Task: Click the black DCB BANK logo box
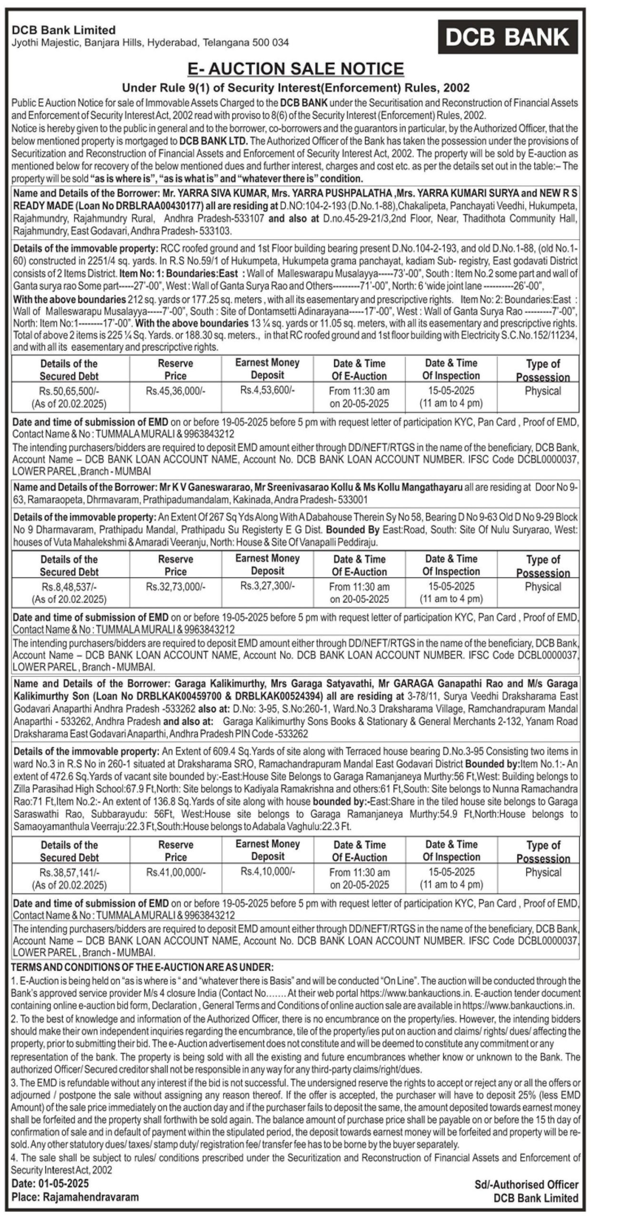[x=508, y=37]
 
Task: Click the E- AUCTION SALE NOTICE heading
[x=296, y=69]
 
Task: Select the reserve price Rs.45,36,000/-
[x=176, y=391]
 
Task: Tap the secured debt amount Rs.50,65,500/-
[x=69, y=391]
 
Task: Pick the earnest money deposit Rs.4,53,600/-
[x=267, y=390]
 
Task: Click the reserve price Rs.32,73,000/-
[x=176, y=587]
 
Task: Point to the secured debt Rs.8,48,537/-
[x=69, y=587]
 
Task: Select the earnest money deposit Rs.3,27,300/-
[x=267, y=586]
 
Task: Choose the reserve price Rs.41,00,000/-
[x=176, y=873]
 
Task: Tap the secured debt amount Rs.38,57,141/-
[x=69, y=873]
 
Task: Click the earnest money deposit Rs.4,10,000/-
[x=267, y=872]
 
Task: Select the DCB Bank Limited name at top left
[x=64, y=30]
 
